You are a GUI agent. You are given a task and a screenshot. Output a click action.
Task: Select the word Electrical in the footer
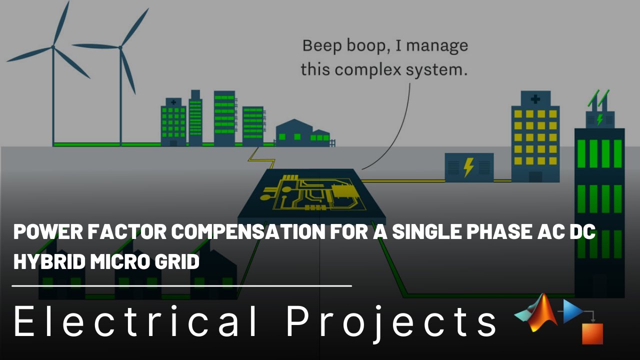pyautogui.click(x=135, y=321)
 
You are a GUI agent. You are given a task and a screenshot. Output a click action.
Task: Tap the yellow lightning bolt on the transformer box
pyautogui.click(x=468, y=167)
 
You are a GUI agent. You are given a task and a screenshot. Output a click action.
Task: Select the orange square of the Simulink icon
pyautogui.click(x=592, y=333)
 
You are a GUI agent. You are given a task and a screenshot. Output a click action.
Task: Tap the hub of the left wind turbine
pyautogui.click(x=52, y=47)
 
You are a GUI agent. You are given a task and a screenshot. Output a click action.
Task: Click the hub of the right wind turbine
pyautogui.click(x=120, y=47)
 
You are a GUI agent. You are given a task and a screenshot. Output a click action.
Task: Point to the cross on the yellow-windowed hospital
pyautogui.click(x=535, y=98)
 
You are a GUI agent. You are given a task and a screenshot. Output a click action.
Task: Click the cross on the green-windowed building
pyautogui.click(x=173, y=102)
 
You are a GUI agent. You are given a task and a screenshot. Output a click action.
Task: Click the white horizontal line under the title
pyautogui.click(x=182, y=286)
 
